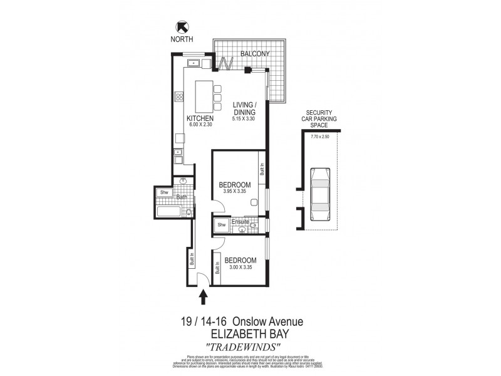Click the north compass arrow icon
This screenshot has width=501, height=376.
(182, 26)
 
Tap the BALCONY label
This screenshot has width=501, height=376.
(256, 55)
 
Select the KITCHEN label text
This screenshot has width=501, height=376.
(200, 118)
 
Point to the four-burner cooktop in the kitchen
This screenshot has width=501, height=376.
(179, 97)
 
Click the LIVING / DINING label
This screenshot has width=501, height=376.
(244, 108)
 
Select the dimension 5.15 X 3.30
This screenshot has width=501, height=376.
(244, 119)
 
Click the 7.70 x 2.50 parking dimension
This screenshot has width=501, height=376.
(319, 136)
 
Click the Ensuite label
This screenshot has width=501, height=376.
(240, 221)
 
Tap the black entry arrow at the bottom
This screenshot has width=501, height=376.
(203, 296)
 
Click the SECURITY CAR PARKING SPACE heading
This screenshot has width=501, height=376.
(319, 118)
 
